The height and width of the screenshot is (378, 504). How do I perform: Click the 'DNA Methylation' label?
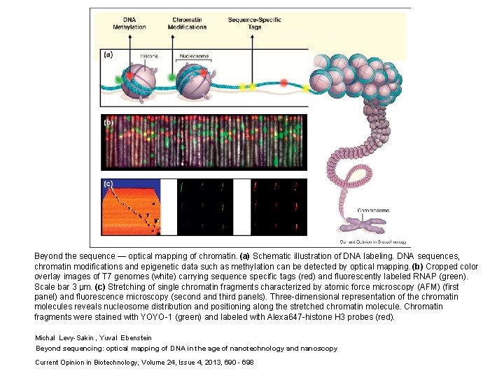(x=129, y=23)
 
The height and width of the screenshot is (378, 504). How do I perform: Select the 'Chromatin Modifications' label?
(x=188, y=23)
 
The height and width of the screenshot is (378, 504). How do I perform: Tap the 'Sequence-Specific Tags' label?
(x=255, y=23)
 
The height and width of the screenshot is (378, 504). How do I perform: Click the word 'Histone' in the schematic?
(x=148, y=56)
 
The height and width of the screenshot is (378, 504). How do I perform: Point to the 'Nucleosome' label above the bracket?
(x=193, y=56)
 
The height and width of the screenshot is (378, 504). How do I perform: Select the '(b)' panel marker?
(x=109, y=122)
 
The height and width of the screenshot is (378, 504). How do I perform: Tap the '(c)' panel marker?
(x=109, y=184)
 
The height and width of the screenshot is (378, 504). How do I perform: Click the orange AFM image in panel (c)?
(x=129, y=207)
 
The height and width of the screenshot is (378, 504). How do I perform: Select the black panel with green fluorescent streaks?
(x=204, y=207)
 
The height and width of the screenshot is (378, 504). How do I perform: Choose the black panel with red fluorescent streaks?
(x=279, y=207)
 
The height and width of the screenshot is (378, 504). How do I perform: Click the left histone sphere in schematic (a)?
(x=137, y=80)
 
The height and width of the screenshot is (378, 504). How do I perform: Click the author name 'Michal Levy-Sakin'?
(x=66, y=338)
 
